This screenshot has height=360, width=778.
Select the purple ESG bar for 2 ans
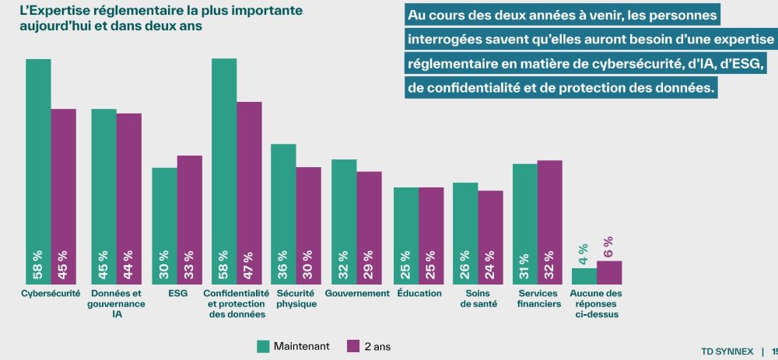190,210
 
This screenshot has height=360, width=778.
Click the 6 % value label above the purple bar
608,246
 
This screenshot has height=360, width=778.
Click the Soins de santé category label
478,299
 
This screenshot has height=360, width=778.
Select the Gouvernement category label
357,294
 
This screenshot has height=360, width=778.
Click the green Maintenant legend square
263,346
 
